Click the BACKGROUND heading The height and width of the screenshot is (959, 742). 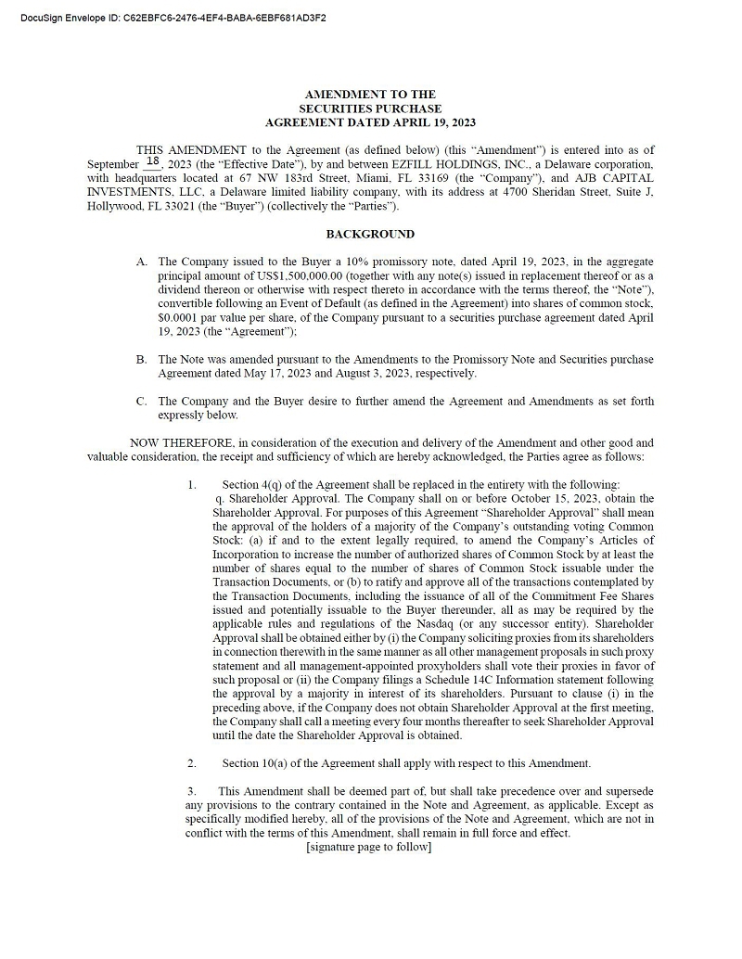click(x=370, y=234)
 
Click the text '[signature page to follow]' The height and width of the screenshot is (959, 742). click(x=368, y=847)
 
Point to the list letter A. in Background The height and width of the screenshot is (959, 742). click(x=142, y=262)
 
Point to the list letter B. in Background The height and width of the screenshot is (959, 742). click(x=142, y=359)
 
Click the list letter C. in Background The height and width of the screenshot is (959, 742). click(x=142, y=401)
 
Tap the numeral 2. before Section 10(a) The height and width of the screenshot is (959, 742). click(x=192, y=763)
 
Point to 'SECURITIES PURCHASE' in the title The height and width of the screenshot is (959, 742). click(x=370, y=109)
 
